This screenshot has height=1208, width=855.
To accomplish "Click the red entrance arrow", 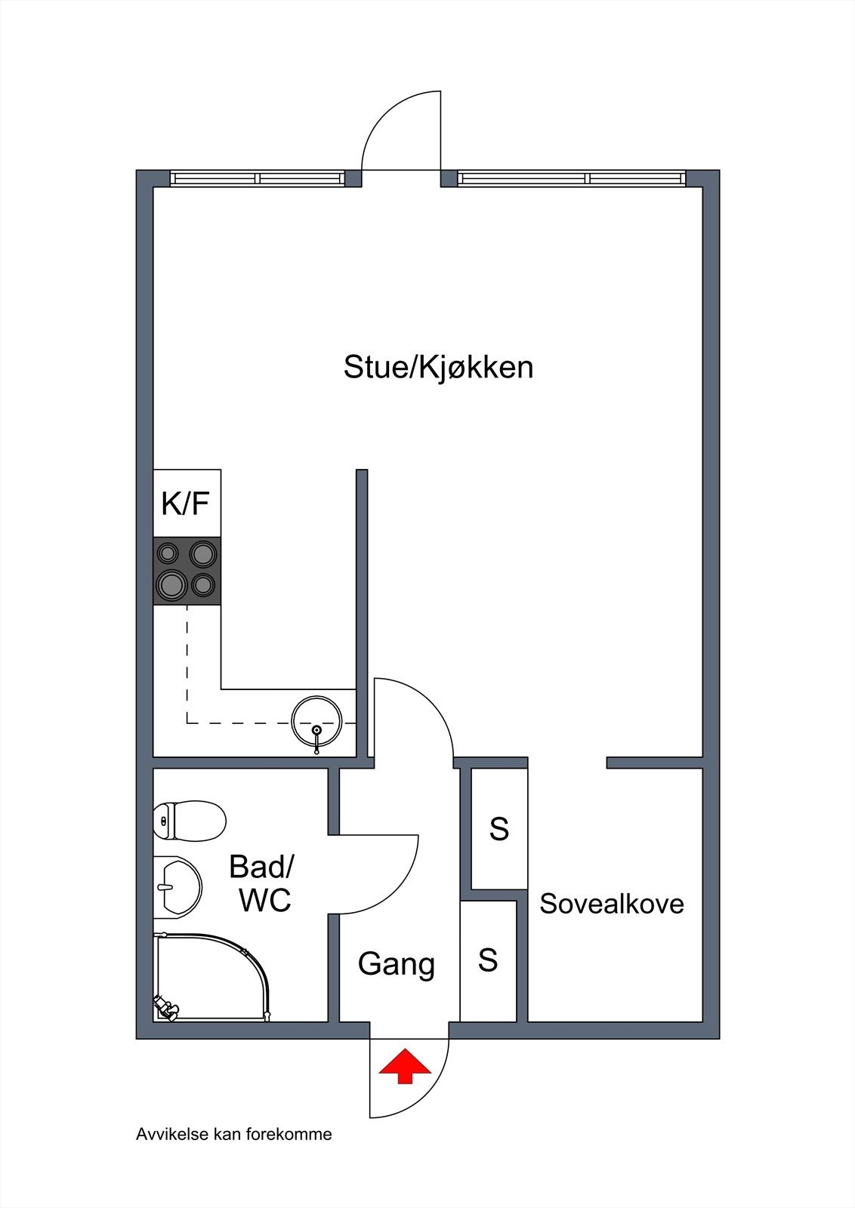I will click(405, 1066).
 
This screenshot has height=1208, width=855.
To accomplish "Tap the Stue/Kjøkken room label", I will click(438, 368).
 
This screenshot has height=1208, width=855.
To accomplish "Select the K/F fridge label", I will click(186, 503).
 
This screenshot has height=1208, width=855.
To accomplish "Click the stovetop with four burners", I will click(187, 571).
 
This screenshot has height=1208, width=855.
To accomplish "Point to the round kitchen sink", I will click(316, 722).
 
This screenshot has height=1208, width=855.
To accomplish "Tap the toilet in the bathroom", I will click(190, 821).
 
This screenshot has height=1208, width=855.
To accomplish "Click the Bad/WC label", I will click(261, 883).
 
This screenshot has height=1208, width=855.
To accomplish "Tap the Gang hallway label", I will click(397, 964).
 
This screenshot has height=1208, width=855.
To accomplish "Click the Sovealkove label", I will click(612, 904).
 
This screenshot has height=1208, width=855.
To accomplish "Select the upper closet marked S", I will click(499, 829).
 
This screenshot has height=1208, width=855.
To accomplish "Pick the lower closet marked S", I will click(488, 960).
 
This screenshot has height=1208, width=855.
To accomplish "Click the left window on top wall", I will click(257, 179).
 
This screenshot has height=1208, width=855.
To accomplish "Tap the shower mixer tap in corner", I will click(165, 1008).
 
